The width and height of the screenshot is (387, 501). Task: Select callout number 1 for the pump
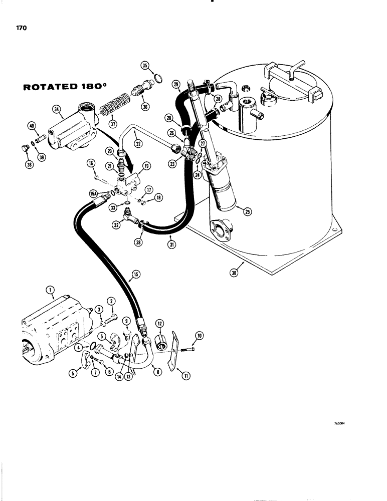pyautogui.click(x=50, y=289)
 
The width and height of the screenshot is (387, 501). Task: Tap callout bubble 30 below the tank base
pyautogui.click(x=235, y=273)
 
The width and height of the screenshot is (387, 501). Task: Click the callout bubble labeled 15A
pyautogui.click(x=93, y=193)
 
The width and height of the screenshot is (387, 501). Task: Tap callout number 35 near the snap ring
pyautogui.click(x=145, y=66)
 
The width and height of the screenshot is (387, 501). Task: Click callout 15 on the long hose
pyautogui.click(x=133, y=274)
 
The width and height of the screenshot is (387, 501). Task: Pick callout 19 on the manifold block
pyautogui.click(x=147, y=165)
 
